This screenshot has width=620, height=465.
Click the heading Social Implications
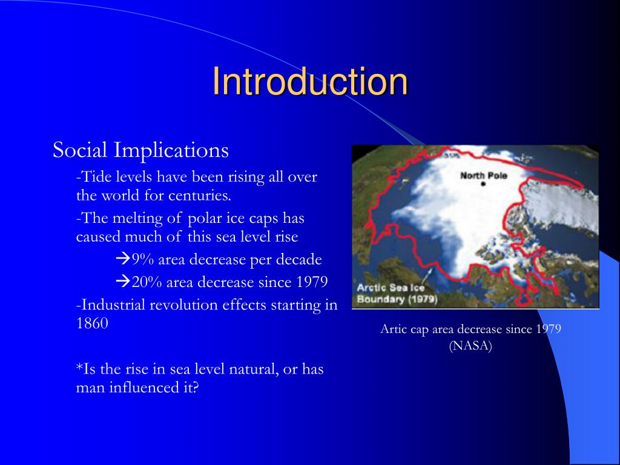coord(140,150)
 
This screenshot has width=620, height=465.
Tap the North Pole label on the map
coord(483,176)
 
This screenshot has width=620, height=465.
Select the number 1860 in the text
coord(92,323)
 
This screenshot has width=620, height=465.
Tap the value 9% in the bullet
coord(143,260)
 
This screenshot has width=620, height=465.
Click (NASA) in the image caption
coord(470,346)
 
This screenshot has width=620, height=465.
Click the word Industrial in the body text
coord(111,305)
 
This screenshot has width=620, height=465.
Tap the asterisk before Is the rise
coord(79,368)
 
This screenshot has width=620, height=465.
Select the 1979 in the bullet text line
coord(312,282)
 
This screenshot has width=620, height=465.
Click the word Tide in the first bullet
coord(93,177)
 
